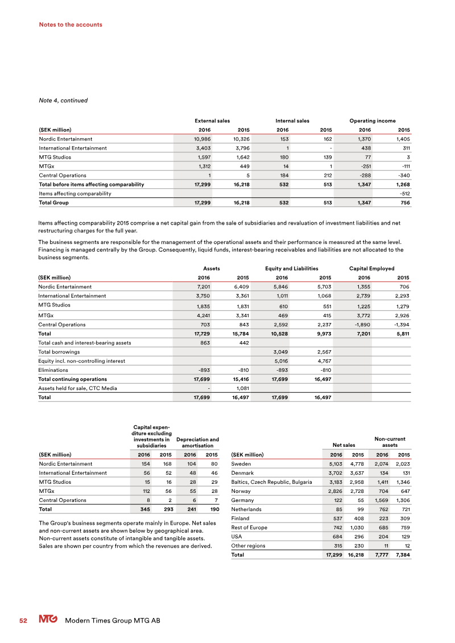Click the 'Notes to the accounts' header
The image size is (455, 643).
71,24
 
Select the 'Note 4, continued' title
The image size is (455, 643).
63,101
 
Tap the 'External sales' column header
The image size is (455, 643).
212,121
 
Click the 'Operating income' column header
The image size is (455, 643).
372,121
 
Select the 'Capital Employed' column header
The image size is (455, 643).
371,268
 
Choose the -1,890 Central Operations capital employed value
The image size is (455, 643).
361,324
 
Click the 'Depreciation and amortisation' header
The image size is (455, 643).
197,442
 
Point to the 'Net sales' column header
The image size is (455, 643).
344,445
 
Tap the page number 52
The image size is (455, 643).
23,621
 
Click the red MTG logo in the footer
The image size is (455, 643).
48,620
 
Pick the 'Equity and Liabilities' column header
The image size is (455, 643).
291,268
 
